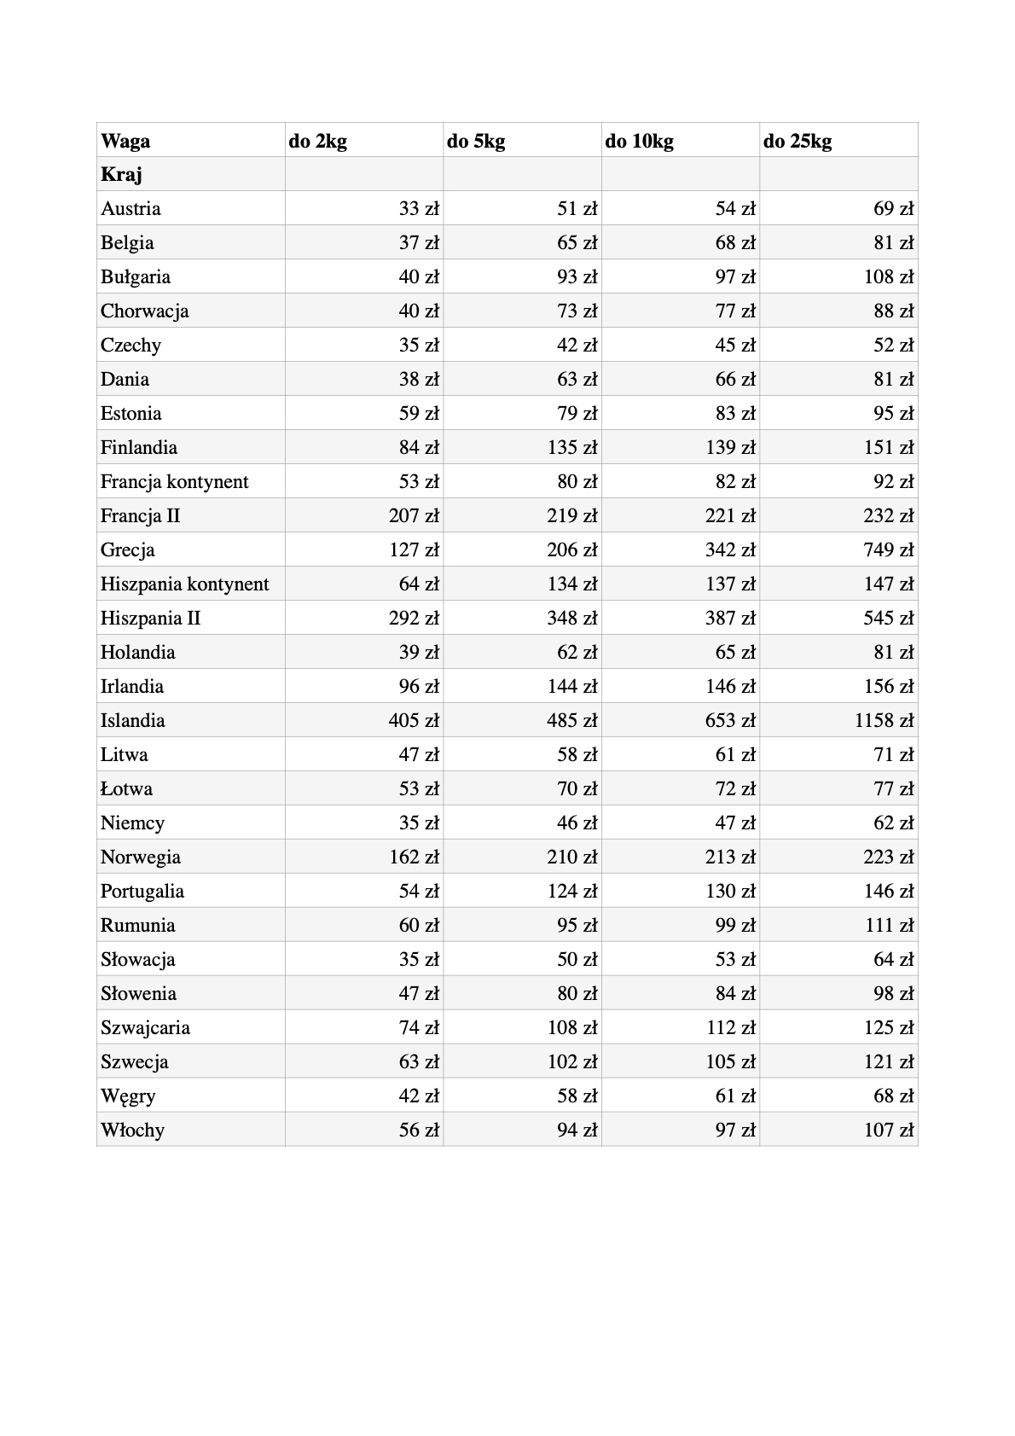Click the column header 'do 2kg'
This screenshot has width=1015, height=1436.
click(x=318, y=141)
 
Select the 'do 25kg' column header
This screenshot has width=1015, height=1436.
click(x=797, y=141)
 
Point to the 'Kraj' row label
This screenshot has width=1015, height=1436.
click(x=121, y=175)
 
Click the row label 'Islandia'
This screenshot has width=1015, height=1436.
click(x=132, y=721)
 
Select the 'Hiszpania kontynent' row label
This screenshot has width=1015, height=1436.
click(x=184, y=584)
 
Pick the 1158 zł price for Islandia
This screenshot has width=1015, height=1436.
click(x=884, y=721)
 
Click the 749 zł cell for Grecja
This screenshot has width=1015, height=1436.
click(x=889, y=550)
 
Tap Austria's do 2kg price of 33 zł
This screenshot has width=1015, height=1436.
click(x=419, y=209)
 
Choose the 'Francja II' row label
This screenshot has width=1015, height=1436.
click(x=140, y=516)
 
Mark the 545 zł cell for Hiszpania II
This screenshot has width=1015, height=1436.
click(x=889, y=619)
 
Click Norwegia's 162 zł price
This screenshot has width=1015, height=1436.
click(x=415, y=858)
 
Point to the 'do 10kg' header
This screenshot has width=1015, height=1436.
click(x=639, y=141)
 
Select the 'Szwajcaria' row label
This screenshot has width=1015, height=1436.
click(x=145, y=1028)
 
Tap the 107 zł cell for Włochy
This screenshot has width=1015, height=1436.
click(x=889, y=1131)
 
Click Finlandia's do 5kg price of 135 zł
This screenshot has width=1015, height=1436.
click(x=572, y=448)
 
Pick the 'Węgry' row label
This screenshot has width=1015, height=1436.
click(x=128, y=1096)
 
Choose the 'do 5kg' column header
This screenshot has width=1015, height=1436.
click(x=476, y=141)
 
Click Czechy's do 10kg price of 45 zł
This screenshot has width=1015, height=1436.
click(x=735, y=346)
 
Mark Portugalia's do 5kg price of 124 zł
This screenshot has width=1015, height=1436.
click(x=572, y=892)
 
